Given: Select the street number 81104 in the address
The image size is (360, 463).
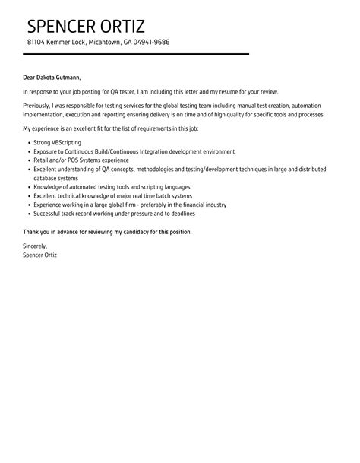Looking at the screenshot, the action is (x=36, y=42).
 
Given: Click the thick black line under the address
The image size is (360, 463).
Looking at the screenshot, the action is (x=137, y=54).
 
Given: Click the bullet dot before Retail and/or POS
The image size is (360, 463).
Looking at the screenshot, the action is (x=28, y=160).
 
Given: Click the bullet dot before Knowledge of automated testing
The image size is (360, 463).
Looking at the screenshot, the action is (x=28, y=186).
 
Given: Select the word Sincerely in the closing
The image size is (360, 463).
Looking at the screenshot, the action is (x=36, y=246).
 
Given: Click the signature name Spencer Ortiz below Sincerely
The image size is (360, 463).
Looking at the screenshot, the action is (x=40, y=255).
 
